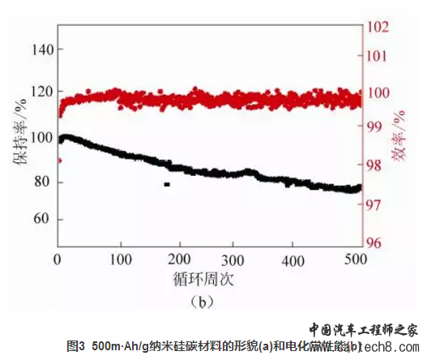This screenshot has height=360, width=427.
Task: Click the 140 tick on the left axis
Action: click(41, 49)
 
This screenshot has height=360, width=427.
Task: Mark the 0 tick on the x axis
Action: click(58, 259)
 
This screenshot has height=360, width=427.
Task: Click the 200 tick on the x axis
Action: click(177, 259)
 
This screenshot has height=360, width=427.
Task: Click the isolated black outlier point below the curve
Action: click(167, 185)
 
